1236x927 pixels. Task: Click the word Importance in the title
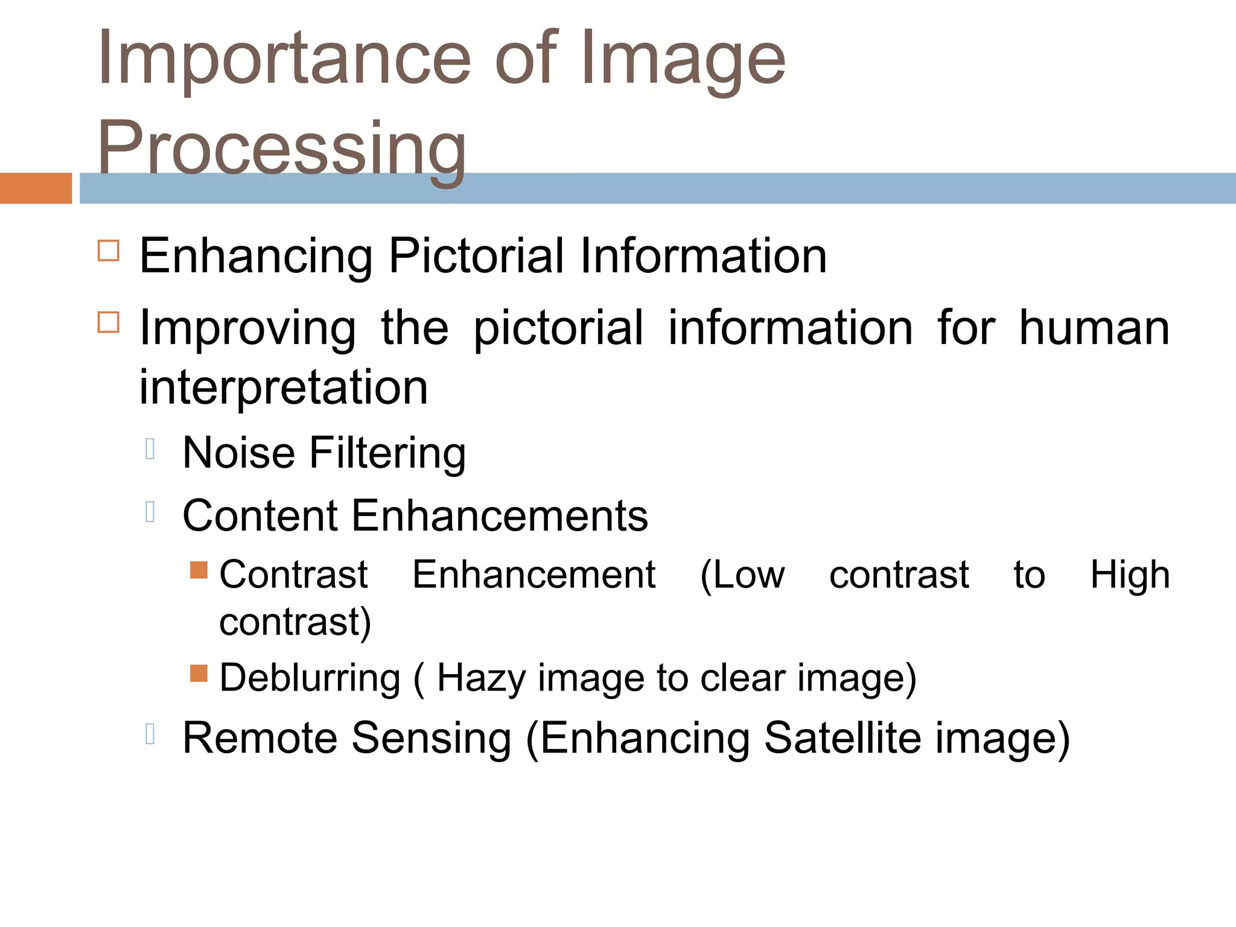(284, 60)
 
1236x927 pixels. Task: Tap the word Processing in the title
(281, 148)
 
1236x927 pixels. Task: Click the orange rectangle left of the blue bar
(36, 188)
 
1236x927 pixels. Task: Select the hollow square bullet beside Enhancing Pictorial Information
(109, 250)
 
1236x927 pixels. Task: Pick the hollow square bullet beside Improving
(109, 322)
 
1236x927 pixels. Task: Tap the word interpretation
(284, 387)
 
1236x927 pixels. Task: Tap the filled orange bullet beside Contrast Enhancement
(199, 570)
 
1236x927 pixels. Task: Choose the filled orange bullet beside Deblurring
(199, 673)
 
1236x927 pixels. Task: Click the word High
(1130, 575)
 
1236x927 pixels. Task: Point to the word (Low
(742, 575)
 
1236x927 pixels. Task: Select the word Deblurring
(310, 678)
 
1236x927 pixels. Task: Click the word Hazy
(481, 678)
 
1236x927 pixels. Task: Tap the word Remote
(260, 738)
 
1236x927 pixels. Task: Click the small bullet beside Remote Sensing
(151, 734)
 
